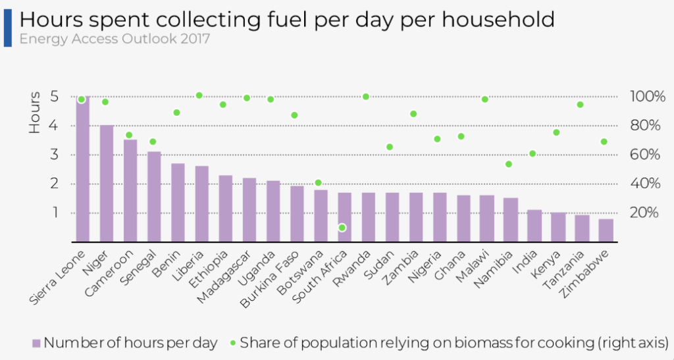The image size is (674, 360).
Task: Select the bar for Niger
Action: click(106, 184)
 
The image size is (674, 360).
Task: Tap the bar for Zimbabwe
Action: click(606, 230)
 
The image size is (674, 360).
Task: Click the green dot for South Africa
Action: click(342, 228)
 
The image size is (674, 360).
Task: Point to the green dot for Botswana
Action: click(319, 183)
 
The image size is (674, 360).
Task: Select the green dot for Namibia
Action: click(509, 164)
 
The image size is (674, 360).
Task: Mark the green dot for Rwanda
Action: click(366, 97)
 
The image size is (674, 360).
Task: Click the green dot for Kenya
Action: click(556, 132)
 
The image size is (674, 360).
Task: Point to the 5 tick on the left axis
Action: click(54, 97)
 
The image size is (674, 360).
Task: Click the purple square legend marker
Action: click(36, 343)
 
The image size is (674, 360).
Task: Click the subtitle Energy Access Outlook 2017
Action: click(115, 39)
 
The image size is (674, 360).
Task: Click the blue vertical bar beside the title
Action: click(7, 27)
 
